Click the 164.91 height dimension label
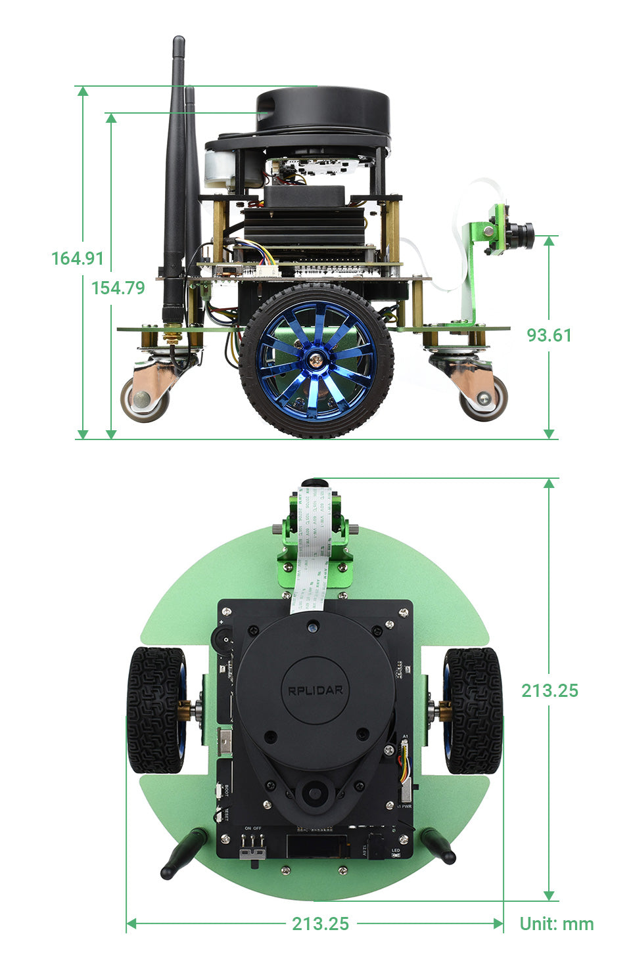tap(78, 258)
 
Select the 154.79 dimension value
tap(118, 288)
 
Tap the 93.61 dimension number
tap(549, 335)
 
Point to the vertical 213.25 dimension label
tap(549, 690)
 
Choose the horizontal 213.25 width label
tap(320, 924)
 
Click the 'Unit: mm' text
tap(556, 924)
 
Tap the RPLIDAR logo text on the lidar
tap(315, 690)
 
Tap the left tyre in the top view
tap(156, 709)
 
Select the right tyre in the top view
tap(473, 709)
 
